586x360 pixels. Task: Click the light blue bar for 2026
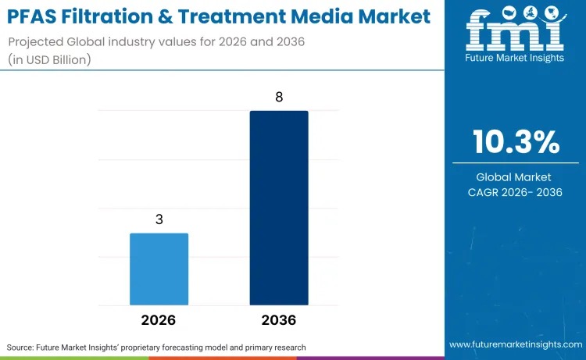159,269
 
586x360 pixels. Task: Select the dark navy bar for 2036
279,208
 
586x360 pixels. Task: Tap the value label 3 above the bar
159,219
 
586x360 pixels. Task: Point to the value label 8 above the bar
279,98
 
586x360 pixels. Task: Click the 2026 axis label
159,320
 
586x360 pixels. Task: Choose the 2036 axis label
279,320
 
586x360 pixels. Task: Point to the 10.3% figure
516,142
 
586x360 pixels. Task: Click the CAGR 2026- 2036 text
516,193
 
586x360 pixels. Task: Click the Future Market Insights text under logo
515,60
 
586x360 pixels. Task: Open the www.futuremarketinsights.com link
515,344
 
